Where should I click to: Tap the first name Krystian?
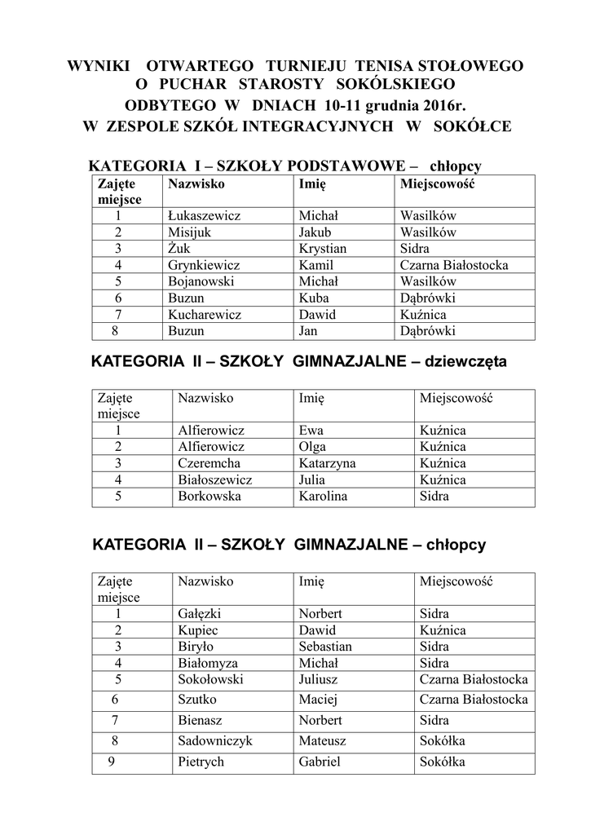tap(323, 249)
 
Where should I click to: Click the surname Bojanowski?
tap(201, 281)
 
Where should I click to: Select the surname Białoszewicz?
tap(215, 479)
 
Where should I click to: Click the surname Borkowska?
tap(209, 496)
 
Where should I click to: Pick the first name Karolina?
tap(324, 496)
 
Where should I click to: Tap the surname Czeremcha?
tap(209, 463)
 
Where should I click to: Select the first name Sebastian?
tap(325, 647)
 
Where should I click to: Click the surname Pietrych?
tap(201, 762)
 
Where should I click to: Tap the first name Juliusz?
tap(320, 678)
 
